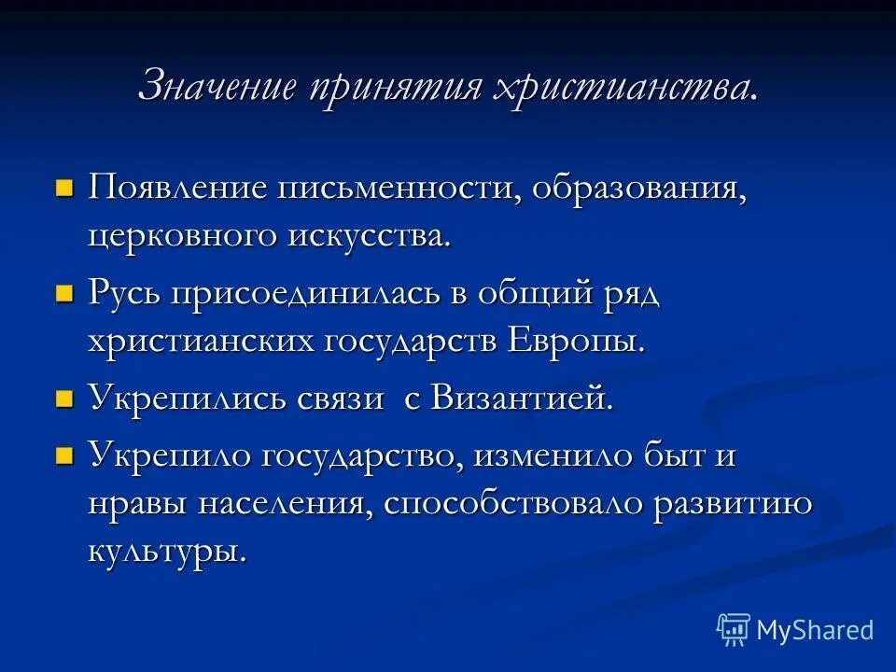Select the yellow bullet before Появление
pyautogui.click(x=64, y=162)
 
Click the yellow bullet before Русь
pyautogui.click(x=64, y=294)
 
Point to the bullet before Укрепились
pyautogui.click(x=64, y=399)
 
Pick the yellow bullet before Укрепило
pyautogui.click(x=64, y=455)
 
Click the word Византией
pyautogui.click(x=523, y=399)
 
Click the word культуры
pyautogui.click(x=168, y=552)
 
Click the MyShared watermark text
pyautogui.click(x=815, y=630)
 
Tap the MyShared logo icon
pyautogui.click(x=733, y=630)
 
